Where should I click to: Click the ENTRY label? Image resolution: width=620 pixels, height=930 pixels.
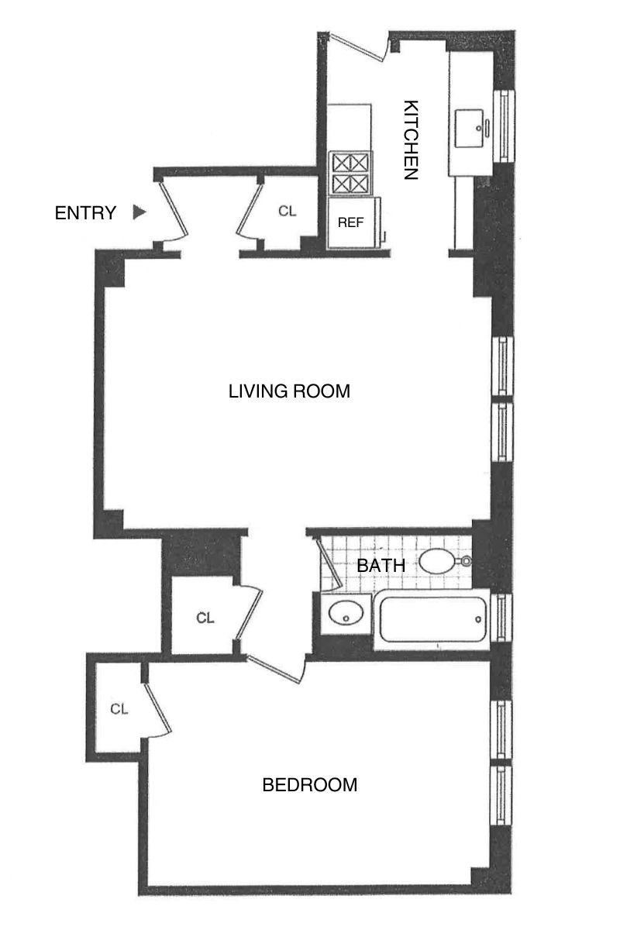point(85,212)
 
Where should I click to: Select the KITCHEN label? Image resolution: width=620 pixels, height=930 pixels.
point(410,139)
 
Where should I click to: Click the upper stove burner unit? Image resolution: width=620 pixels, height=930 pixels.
point(350,163)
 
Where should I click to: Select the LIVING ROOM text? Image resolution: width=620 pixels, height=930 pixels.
point(289,391)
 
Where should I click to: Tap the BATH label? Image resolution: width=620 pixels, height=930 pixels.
point(381,566)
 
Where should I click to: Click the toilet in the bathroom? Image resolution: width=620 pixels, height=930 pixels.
point(443,561)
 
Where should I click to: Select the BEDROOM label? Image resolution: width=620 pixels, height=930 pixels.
point(310,785)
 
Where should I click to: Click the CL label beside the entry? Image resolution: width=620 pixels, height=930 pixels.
point(287,211)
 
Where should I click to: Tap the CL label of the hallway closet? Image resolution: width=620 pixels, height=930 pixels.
point(205,618)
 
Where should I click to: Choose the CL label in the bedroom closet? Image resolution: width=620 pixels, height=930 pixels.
point(118,708)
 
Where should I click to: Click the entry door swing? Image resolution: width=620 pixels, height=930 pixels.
point(177,212)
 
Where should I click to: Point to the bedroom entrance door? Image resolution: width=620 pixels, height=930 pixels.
point(275,669)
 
